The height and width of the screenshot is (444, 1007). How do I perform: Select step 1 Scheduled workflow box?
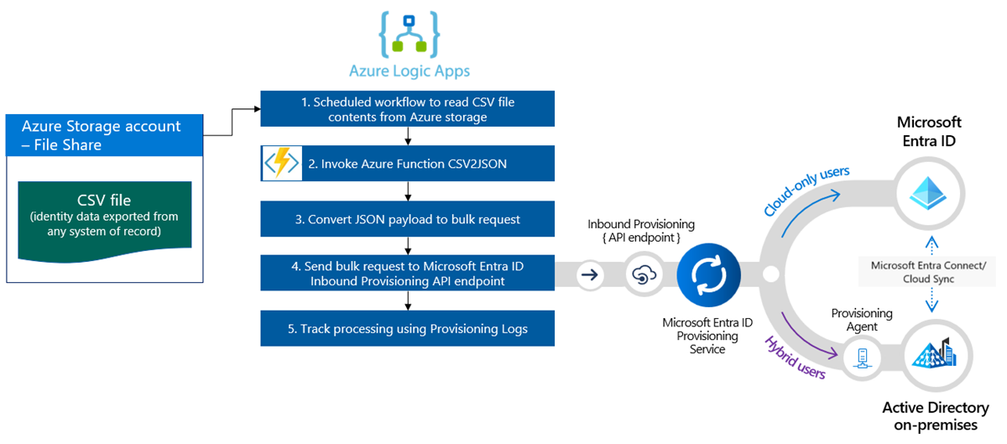click(407, 109)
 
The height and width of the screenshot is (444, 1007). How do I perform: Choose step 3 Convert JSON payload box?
click(407, 219)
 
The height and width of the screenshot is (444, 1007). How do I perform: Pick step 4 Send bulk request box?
click(407, 274)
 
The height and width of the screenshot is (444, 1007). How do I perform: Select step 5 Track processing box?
click(407, 328)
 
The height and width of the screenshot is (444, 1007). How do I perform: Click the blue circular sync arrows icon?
click(707, 274)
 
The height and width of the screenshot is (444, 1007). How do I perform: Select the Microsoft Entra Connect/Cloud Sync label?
click(928, 272)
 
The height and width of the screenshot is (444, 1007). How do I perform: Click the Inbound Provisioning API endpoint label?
click(641, 231)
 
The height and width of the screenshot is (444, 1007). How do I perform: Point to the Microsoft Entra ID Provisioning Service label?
click(707, 335)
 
